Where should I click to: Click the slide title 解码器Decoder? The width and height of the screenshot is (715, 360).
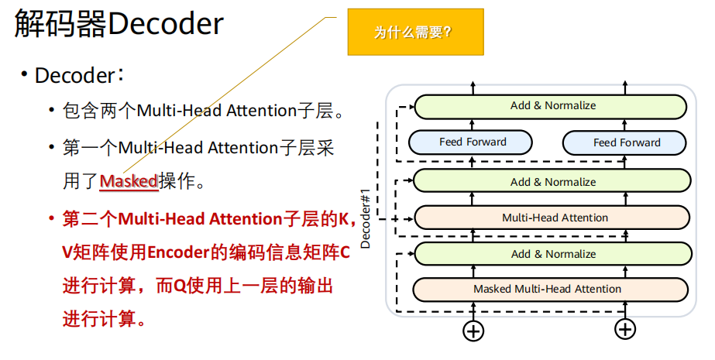(x=118, y=25)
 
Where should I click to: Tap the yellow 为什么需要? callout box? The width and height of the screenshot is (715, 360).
(x=415, y=33)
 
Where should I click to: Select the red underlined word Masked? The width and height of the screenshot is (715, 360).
(x=129, y=182)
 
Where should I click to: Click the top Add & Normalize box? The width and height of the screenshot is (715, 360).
(x=552, y=106)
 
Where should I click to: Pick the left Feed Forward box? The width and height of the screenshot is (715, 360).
(x=471, y=142)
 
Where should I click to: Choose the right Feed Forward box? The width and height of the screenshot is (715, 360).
(x=626, y=142)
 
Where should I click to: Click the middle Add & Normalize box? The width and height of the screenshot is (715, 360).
(x=552, y=182)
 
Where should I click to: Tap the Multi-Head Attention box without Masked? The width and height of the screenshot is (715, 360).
(x=552, y=218)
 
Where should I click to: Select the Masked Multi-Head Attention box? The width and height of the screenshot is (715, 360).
(x=552, y=290)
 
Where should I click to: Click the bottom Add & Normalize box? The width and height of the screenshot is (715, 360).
(x=552, y=254)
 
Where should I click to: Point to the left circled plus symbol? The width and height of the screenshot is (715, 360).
(x=473, y=331)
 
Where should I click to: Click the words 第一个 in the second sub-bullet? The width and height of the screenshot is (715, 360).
(x=91, y=148)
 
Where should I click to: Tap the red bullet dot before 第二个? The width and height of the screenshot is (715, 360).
(x=51, y=219)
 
